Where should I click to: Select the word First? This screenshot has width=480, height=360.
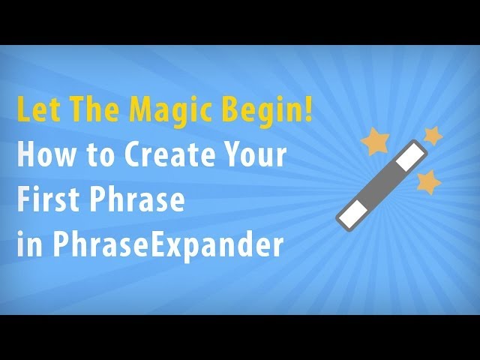[48, 201]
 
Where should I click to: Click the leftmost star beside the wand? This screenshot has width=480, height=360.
[374, 141]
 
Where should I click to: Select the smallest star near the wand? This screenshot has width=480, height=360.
[432, 135]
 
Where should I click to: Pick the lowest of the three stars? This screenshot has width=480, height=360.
[427, 181]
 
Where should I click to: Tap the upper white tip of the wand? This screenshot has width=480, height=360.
[409, 158]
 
